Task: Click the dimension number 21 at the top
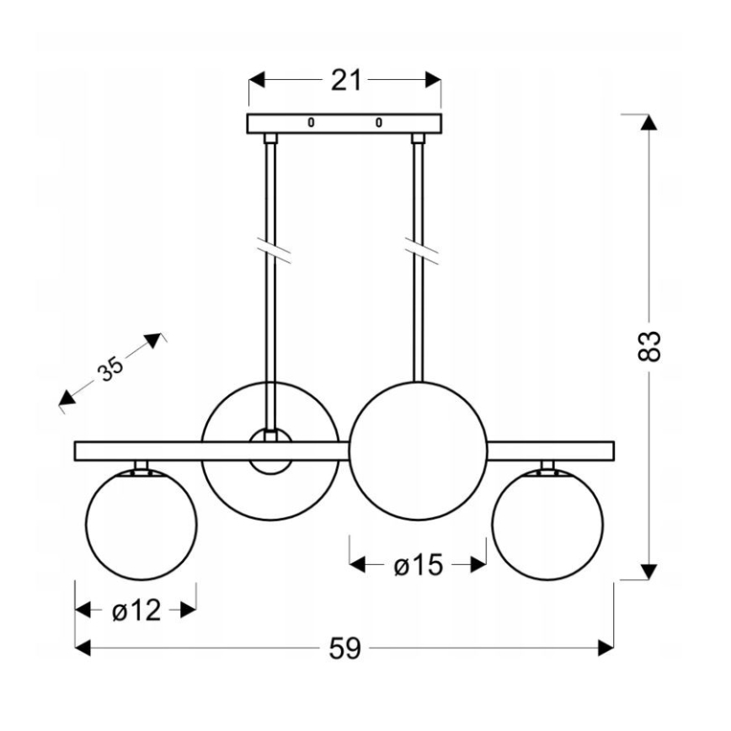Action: (345, 81)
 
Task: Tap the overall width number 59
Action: (344, 648)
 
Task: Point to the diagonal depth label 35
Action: (108, 368)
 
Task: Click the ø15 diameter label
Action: (418, 565)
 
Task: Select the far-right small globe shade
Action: (547, 526)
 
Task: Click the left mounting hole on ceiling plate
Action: (311, 123)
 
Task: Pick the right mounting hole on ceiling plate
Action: (379, 123)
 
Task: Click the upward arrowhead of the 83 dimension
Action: (648, 121)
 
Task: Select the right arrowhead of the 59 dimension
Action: (605, 648)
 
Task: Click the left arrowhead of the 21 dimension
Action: (258, 81)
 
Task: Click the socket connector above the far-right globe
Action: (548, 467)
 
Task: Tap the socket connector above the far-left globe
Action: (141, 467)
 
